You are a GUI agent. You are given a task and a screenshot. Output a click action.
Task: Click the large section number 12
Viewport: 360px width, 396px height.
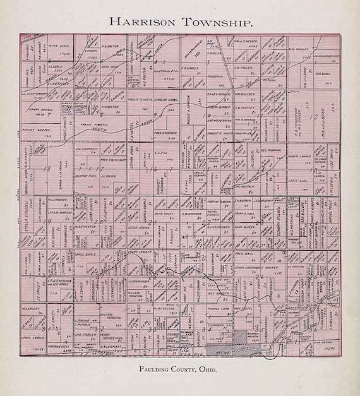[314, 117]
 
